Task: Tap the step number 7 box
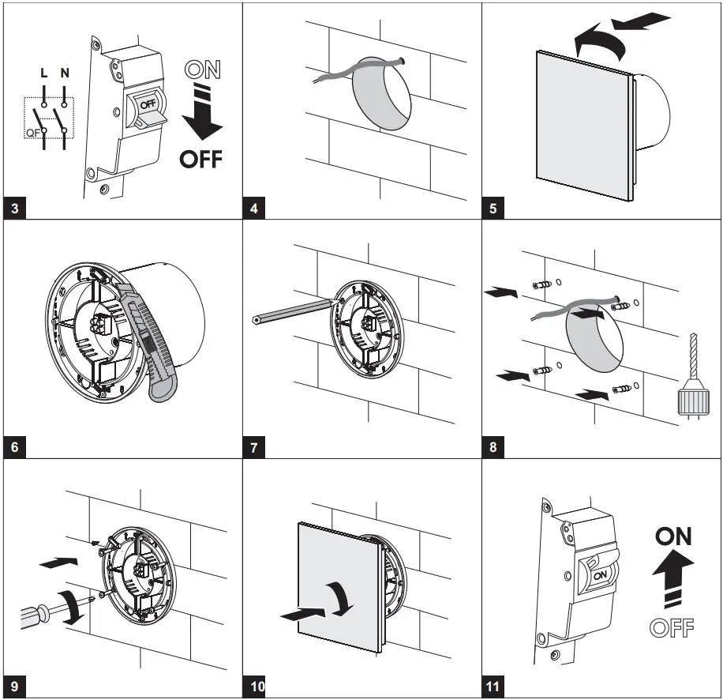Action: click(254, 448)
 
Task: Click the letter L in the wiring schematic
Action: click(43, 73)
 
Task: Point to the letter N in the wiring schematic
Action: click(65, 73)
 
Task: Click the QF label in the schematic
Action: click(32, 133)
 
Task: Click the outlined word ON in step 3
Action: click(201, 70)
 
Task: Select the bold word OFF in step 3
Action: click(201, 159)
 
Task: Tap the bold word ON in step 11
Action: click(673, 536)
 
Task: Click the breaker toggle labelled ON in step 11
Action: click(598, 574)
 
